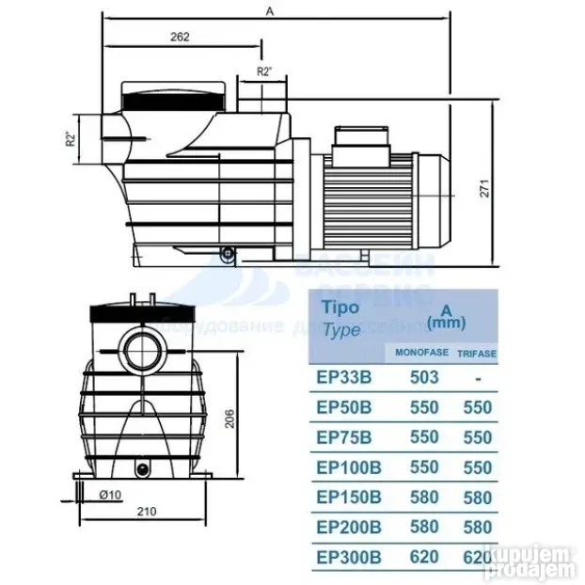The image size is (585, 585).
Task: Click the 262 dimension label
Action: (182, 37)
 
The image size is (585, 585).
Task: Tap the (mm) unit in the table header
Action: (446, 323)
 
